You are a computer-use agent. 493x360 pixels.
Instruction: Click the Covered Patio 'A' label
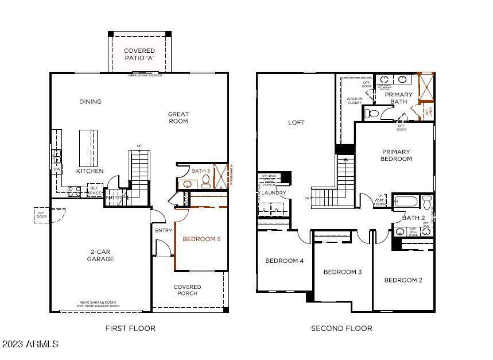pos(139,55)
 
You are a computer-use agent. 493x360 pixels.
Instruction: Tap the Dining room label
pos(90,102)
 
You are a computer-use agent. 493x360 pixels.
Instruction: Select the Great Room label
pos(178,117)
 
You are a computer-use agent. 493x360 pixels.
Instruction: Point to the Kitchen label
pos(90,171)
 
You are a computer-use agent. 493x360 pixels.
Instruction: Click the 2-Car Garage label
pos(101,255)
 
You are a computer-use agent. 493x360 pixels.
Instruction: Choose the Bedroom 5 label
pos(201,239)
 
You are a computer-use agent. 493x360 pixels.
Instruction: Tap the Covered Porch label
pos(188,290)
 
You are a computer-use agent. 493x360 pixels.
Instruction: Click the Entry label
pos(163,230)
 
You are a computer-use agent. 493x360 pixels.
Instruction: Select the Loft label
pos(296,122)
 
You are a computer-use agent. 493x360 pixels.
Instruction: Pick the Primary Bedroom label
pos(396,155)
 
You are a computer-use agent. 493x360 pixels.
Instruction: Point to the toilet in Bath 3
pos(205,183)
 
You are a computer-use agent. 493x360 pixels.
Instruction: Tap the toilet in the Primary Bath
pos(371,114)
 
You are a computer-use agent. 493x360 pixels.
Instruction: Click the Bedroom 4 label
pos(284,261)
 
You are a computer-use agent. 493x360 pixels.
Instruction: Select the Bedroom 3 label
pos(342,272)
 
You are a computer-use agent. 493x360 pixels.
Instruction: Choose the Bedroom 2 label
pos(403,280)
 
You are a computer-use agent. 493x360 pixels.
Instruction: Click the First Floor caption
pos(130,328)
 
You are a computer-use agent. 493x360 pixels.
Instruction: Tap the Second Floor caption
pos(341,328)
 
